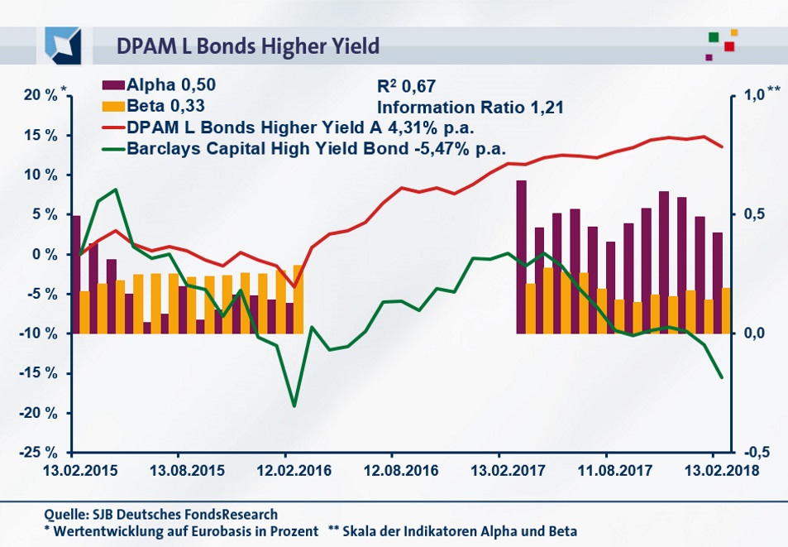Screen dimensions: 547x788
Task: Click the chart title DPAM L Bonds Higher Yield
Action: point(248,46)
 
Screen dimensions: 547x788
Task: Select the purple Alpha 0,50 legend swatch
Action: point(112,84)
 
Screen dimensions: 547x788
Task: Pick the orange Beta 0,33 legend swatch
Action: point(112,106)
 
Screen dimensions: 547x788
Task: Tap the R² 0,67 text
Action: point(405,86)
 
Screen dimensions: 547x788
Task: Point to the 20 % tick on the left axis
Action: point(39,96)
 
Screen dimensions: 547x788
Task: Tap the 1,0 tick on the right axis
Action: point(754,96)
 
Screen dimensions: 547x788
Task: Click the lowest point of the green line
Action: point(294,405)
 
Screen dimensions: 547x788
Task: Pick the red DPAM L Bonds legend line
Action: point(112,128)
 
